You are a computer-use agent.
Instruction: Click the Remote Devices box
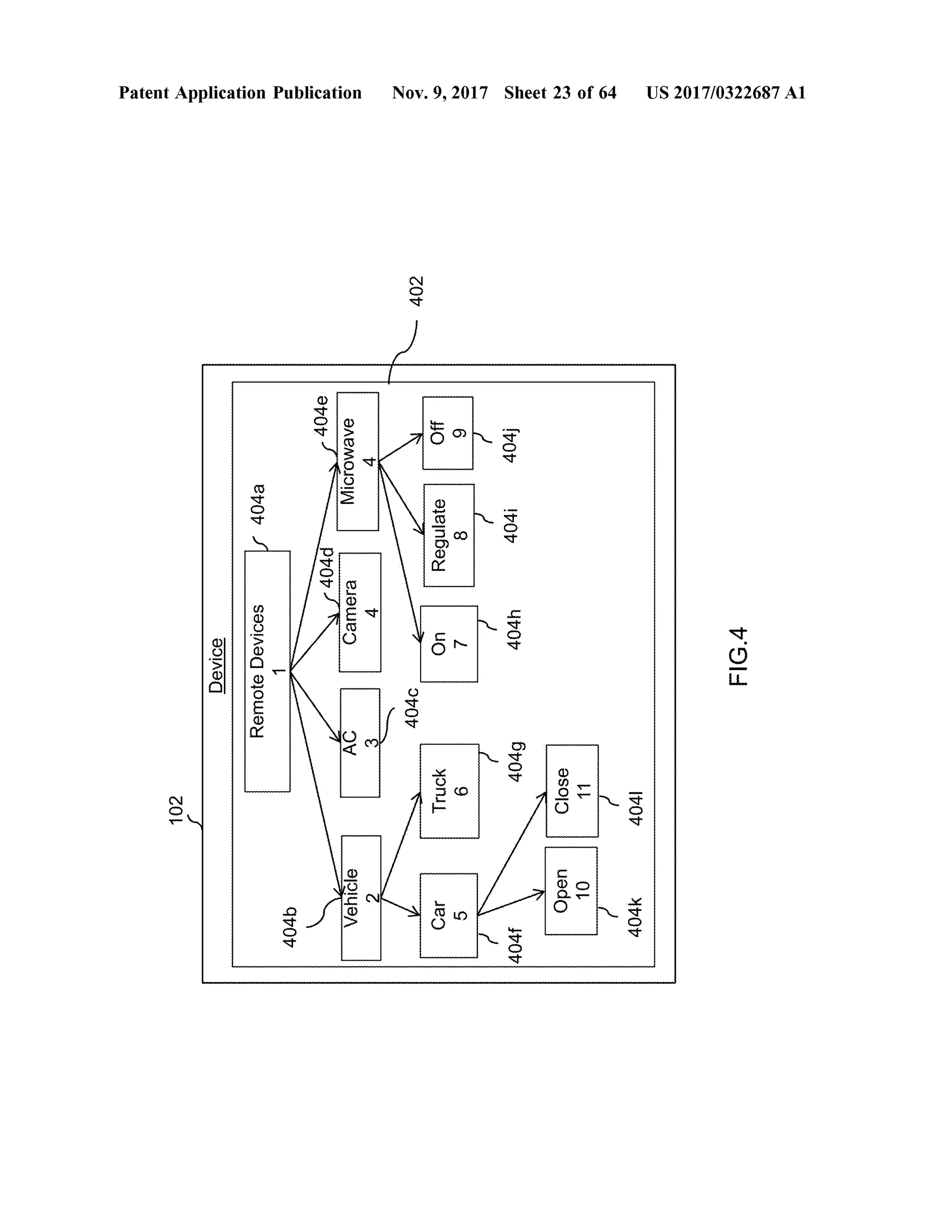267,671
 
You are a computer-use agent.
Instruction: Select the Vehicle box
360,898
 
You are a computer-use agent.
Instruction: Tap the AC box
360,742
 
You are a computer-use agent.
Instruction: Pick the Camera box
360,612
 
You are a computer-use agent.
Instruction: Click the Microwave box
358,461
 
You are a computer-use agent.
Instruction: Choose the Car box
448,915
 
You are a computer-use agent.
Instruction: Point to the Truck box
449,791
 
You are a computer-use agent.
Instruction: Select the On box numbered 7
449,644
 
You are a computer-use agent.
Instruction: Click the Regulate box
449,536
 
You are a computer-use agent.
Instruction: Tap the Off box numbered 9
448,433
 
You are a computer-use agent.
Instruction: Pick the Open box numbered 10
571,891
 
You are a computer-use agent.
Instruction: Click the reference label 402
416,291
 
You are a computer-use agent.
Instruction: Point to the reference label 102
176,810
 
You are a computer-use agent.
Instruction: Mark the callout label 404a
258,504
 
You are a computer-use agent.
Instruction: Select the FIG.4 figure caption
738,656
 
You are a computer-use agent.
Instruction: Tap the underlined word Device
217,666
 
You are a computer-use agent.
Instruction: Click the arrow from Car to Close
511,854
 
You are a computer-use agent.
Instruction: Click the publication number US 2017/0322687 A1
726,93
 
